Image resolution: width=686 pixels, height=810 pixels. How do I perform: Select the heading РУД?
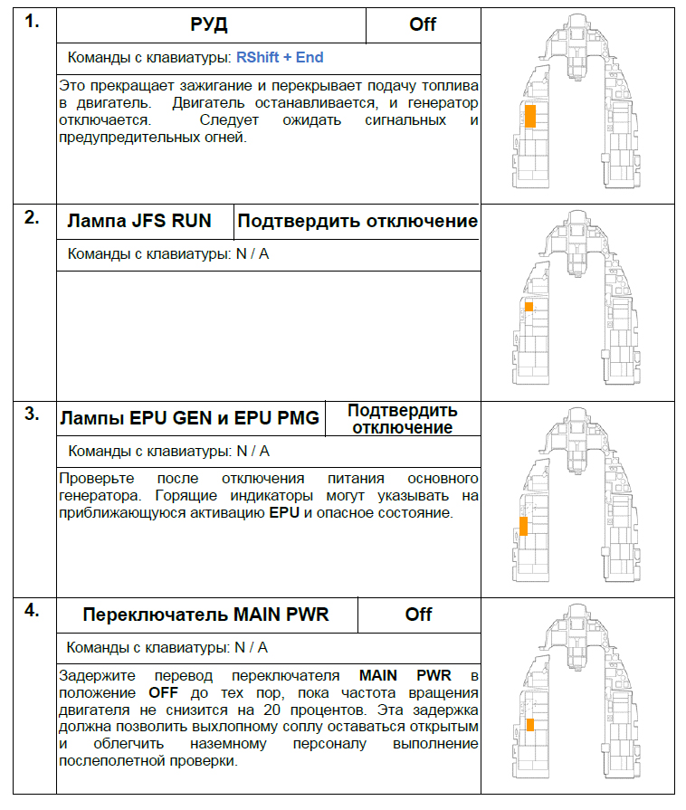click(x=210, y=24)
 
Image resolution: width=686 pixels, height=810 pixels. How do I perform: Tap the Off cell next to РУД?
click(x=423, y=24)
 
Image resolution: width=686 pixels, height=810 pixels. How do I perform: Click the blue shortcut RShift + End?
click(x=280, y=57)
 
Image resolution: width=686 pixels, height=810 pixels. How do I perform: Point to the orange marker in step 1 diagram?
click(x=530, y=116)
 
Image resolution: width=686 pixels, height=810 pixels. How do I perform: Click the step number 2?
click(x=32, y=217)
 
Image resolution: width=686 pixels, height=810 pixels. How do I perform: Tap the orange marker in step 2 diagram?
click(x=529, y=307)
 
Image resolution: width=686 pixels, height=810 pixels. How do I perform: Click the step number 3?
click(x=32, y=414)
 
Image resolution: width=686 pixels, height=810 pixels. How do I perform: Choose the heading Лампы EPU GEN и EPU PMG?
click(x=189, y=418)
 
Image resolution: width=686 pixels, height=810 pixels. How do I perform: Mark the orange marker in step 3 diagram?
click(x=523, y=526)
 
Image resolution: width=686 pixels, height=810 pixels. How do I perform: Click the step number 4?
click(x=32, y=610)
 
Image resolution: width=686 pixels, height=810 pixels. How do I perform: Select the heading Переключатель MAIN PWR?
click(x=205, y=615)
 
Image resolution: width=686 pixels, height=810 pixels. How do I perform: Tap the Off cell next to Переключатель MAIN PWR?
click(x=418, y=615)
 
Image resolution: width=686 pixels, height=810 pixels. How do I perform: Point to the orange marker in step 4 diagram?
click(x=529, y=723)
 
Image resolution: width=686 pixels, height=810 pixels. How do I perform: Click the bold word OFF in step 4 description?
click(x=163, y=691)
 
